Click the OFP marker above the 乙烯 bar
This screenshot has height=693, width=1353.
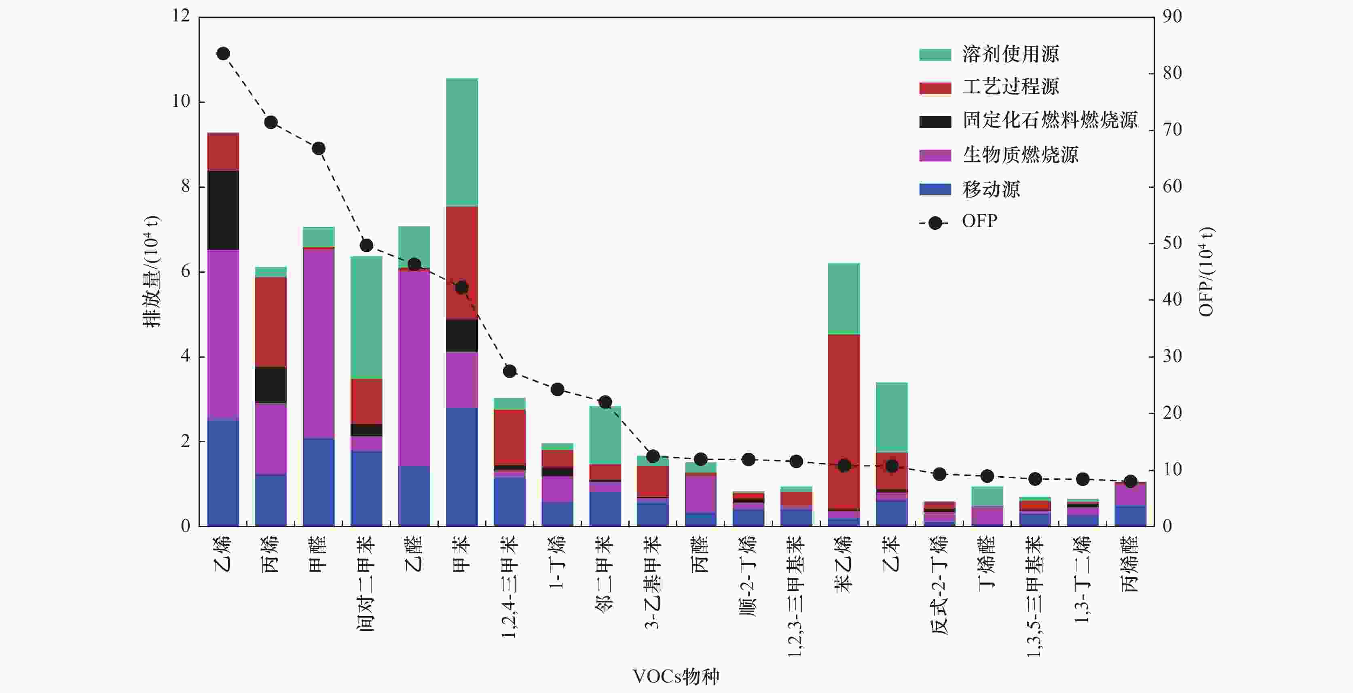[223, 53]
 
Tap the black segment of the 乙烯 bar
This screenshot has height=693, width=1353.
[223, 210]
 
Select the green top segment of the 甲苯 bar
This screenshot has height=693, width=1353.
[462, 142]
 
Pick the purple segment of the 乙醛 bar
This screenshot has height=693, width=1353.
[414, 368]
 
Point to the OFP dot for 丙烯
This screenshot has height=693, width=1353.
[271, 123]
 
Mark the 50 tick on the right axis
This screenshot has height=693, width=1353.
[1172, 243]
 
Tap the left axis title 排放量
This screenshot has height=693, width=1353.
[152, 271]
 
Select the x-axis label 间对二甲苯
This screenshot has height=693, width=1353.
[366, 583]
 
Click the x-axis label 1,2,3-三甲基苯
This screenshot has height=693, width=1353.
[796, 596]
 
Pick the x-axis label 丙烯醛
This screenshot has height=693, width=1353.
[1130, 564]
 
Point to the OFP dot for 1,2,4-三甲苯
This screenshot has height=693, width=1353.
[509, 371]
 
